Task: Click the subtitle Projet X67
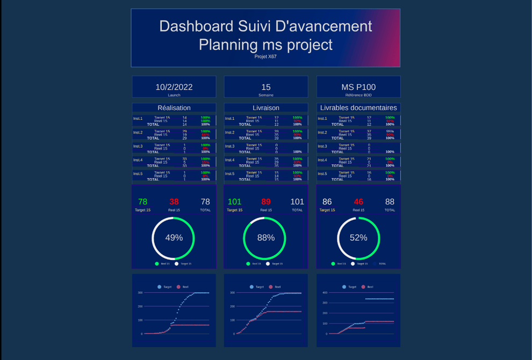[x=265, y=56]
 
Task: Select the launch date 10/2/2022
[x=174, y=87]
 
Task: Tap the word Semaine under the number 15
[x=266, y=95]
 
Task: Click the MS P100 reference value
[x=358, y=87]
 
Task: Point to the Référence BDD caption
[x=358, y=95]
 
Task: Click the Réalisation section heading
[x=174, y=108]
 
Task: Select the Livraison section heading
[x=266, y=108]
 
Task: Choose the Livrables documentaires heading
[x=358, y=108]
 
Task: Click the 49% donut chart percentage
[x=174, y=237]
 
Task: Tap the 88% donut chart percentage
[x=266, y=237]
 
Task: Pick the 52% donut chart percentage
[x=358, y=237]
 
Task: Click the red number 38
[x=174, y=202]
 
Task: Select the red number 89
[x=266, y=202]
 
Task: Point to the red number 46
[x=358, y=202]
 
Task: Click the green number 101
[x=235, y=202]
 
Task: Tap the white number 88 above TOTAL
[x=390, y=202]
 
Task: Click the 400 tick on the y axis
[x=325, y=293]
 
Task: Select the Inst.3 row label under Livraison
[x=230, y=146]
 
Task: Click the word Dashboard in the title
[x=190, y=26]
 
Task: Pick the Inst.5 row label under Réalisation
[x=138, y=174]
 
